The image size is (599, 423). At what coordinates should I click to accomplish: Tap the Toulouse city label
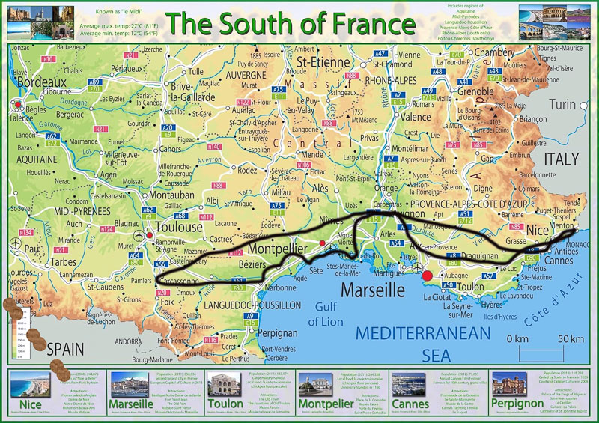tap(179, 226)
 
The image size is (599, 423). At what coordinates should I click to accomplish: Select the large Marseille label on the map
tap(375, 289)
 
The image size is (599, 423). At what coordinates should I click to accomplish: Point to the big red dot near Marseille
tap(428, 276)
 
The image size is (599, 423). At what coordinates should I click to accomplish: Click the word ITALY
tap(561, 159)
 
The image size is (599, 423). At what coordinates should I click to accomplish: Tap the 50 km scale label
tap(570, 338)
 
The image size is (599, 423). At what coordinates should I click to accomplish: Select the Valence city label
tap(416, 117)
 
